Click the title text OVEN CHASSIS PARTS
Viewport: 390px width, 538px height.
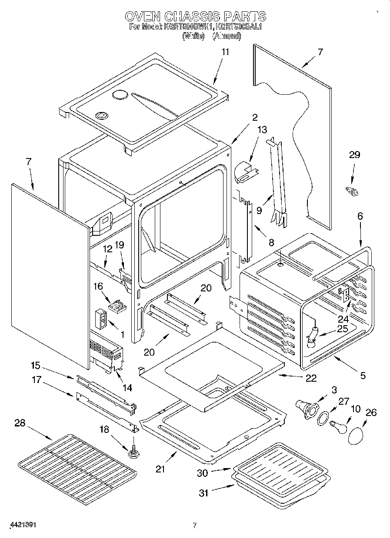[x=195, y=17]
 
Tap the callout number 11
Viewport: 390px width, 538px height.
[x=225, y=52]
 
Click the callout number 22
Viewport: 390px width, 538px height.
[x=310, y=378]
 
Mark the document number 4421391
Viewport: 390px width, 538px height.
[x=21, y=524]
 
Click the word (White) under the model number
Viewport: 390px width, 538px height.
[x=194, y=36]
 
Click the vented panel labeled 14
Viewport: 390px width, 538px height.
[x=106, y=353]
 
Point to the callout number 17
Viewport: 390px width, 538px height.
[x=37, y=380]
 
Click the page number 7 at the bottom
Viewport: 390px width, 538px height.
[x=195, y=525]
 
